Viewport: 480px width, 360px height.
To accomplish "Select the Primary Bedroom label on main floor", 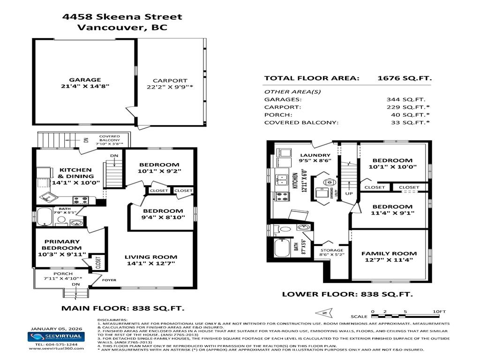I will [x=61, y=244].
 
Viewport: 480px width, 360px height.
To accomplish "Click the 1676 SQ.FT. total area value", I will [x=405, y=78].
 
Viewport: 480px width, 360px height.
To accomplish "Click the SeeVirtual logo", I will [x=55, y=337].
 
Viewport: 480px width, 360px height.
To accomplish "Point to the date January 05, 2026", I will [x=55, y=328].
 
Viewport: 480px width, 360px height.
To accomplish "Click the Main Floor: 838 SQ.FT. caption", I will [x=123, y=308].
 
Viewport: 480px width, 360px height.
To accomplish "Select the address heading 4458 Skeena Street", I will [x=122, y=17].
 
